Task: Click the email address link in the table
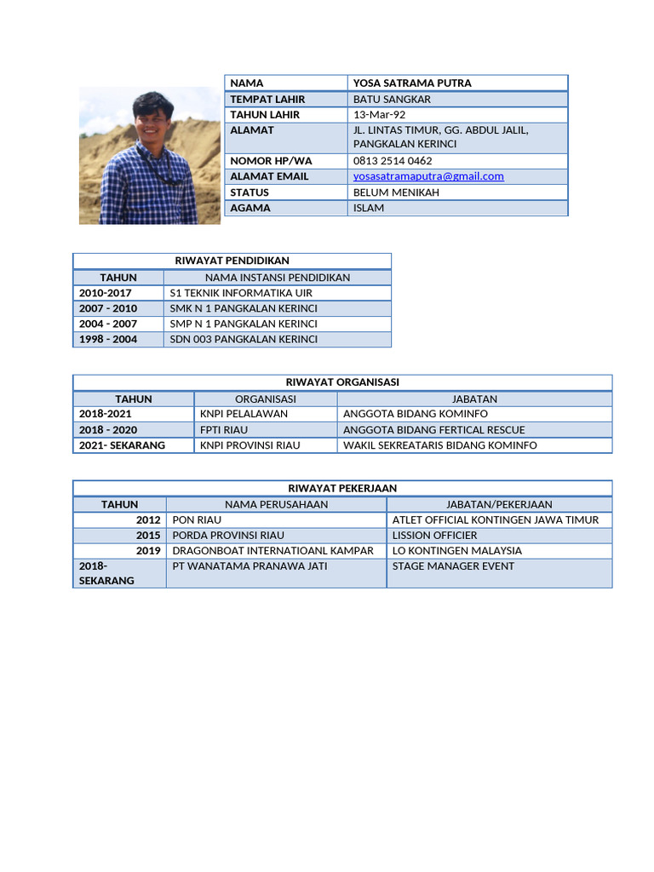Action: (x=428, y=176)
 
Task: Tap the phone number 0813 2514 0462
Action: (x=393, y=161)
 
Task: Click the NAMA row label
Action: (x=247, y=83)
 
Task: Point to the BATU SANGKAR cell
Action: (x=392, y=99)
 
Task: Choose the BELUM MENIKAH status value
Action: (x=396, y=192)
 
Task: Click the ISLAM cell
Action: (x=369, y=208)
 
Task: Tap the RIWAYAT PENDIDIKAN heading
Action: (x=232, y=261)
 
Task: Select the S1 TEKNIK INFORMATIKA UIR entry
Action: (x=241, y=293)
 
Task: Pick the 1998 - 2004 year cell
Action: (x=108, y=339)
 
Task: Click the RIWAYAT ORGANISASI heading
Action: (x=342, y=382)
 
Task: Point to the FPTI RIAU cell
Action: (x=224, y=430)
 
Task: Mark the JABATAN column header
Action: (x=474, y=399)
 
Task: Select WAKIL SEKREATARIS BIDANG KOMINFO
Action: (x=439, y=445)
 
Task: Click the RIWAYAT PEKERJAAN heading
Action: (x=342, y=488)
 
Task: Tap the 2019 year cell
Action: (x=148, y=551)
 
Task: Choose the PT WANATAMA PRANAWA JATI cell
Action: (x=250, y=566)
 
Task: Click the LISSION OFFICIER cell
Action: (x=434, y=536)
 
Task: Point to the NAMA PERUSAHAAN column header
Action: (x=276, y=504)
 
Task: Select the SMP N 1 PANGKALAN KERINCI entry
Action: (x=244, y=324)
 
